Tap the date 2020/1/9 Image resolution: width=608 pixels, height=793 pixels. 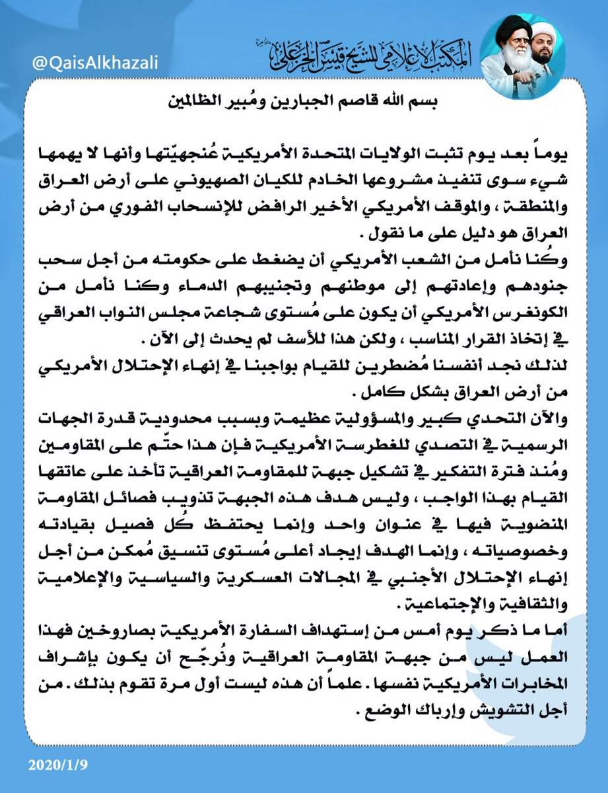[x=57, y=765]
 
